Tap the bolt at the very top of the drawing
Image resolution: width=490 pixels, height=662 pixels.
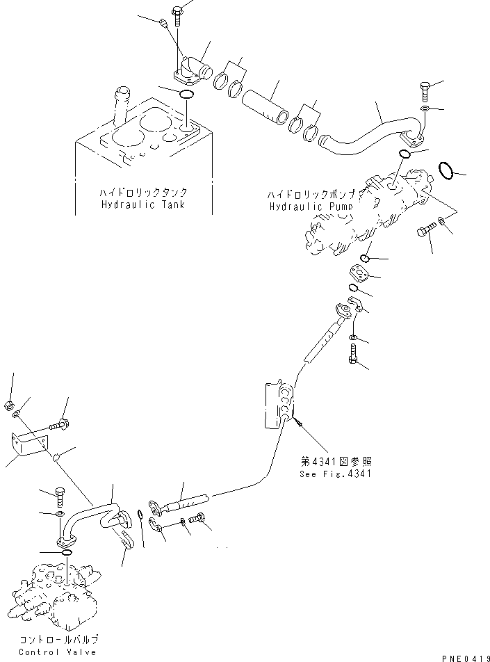[x=177, y=12]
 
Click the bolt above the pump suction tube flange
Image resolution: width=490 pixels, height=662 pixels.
[x=425, y=90]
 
